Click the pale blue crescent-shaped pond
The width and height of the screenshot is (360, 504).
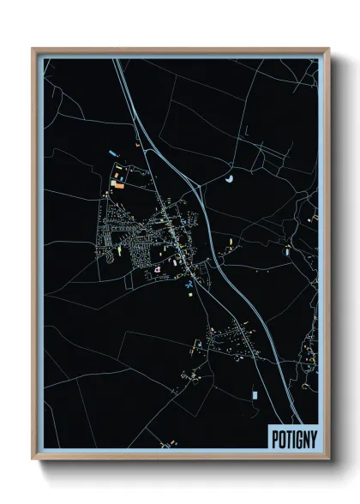point(230,179)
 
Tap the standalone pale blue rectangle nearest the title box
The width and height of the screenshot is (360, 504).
point(255,394)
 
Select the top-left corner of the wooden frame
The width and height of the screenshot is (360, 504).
point(33,49)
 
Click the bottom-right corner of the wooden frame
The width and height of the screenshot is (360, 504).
point(329,460)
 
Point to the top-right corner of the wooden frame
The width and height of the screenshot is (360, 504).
point(329,49)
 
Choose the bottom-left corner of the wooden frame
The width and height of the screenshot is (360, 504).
point(33,460)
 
